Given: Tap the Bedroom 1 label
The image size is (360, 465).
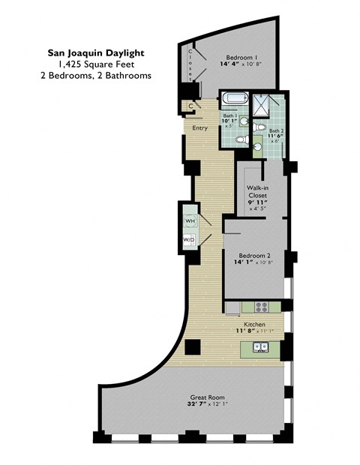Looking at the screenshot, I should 243,57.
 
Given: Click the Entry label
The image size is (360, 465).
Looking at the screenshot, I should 199,127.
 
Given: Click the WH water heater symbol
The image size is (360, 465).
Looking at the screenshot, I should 190,221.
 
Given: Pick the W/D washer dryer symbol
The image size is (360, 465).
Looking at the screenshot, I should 189,239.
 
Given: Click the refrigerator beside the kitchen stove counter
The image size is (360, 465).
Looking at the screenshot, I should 232,307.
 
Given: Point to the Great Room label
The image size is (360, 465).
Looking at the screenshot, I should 206,397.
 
